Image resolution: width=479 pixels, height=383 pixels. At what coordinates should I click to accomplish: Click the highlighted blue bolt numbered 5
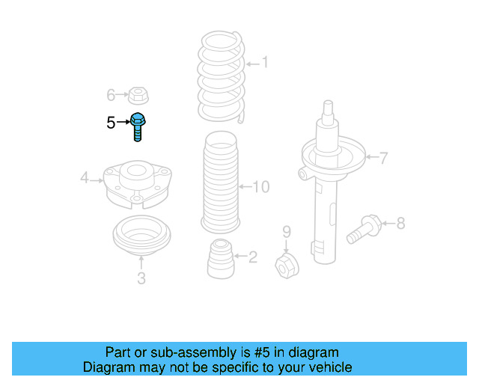tap(138, 126)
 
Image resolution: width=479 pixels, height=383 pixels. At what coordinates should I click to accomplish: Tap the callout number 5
tap(111, 123)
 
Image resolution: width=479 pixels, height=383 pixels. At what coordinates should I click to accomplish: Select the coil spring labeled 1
tap(220, 75)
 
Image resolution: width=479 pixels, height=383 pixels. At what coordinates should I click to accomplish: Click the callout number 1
tap(264, 64)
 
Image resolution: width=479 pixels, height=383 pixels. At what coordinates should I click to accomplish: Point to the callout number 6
tap(111, 95)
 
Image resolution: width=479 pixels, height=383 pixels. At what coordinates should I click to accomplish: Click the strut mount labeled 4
tap(137, 183)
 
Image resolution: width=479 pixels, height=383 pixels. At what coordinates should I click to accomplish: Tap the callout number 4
tap(85, 177)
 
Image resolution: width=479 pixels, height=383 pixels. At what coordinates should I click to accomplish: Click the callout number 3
tap(141, 280)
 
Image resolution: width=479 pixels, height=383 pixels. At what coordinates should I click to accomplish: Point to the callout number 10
tap(260, 187)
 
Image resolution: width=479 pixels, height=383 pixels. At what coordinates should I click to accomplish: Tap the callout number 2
tap(252, 257)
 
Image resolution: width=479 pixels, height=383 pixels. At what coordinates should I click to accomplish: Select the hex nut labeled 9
tap(287, 265)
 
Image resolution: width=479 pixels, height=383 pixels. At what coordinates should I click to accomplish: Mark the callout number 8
tap(400, 222)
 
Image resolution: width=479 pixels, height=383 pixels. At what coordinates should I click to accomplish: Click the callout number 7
tap(382, 158)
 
